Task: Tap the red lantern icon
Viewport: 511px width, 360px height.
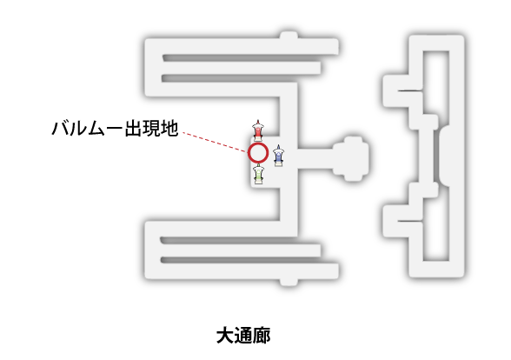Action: point(258,130)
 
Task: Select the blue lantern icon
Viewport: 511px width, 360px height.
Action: point(278,156)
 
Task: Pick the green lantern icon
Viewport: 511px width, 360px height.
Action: point(258,174)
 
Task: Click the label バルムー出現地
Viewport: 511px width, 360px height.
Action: point(115,128)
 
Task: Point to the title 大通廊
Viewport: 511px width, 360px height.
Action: point(243,336)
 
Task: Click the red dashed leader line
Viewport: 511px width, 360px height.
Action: point(215,143)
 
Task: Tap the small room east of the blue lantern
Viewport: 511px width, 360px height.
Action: point(351,158)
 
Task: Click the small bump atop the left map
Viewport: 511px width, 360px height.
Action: point(289,35)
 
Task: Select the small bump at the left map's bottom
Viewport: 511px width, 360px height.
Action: point(289,282)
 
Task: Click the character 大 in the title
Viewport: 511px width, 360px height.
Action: point(225,336)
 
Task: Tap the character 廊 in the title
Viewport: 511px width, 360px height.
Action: point(262,336)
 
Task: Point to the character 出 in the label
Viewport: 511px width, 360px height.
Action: point(134,128)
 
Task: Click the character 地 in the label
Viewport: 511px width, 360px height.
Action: point(169,128)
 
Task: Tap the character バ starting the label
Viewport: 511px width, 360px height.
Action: point(61,128)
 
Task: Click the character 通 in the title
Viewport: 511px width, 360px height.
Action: point(243,336)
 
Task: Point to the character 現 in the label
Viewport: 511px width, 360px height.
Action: point(152,128)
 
